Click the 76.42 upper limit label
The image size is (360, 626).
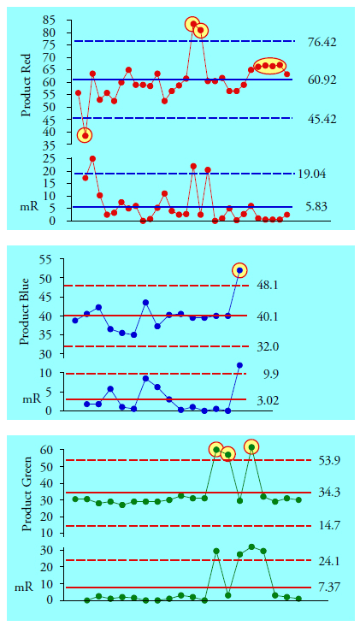coord(324,41)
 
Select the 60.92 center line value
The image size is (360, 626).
coord(324,80)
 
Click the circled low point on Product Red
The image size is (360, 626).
coord(85,135)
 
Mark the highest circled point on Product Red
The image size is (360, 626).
coord(192,24)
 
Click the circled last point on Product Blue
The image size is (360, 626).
coord(239,270)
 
